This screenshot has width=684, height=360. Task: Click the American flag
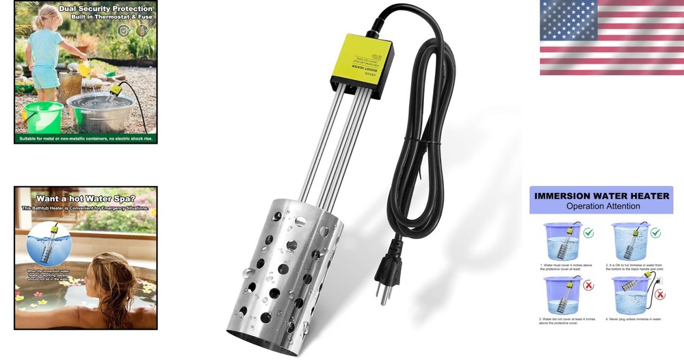(x=611, y=38)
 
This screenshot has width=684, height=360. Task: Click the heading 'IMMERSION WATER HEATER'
(x=602, y=196)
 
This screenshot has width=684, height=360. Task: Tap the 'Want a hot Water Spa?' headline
(x=85, y=198)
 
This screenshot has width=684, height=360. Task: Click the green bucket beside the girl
(x=44, y=116)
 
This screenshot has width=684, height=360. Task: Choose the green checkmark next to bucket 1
(x=589, y=233)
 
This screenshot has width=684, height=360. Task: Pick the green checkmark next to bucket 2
(x=656, y=233)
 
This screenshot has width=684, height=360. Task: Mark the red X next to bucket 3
(x=589, y=287)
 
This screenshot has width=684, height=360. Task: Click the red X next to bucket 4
(x=660, y=295)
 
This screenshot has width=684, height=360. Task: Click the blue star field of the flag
(x=567, y=19)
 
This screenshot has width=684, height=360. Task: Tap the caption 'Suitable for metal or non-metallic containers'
(x=85, y=138)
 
